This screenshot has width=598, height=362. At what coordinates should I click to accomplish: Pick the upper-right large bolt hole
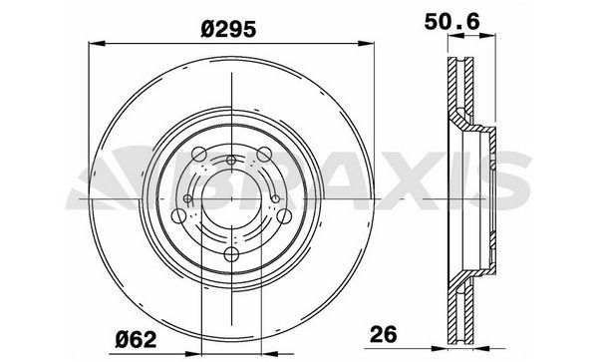(x=264, y=153)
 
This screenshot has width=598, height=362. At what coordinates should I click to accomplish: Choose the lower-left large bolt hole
(x=177, y=214)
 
